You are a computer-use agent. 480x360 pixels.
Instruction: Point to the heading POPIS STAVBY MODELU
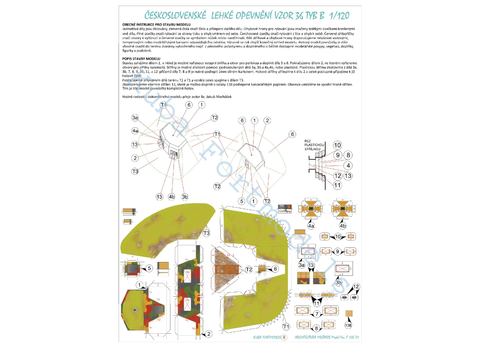141,59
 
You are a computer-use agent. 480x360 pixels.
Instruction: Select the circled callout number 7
317,314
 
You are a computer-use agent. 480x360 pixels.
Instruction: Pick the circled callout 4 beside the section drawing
348,165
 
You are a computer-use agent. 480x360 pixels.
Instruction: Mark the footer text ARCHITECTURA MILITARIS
317,337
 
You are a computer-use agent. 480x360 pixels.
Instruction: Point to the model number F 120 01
351,337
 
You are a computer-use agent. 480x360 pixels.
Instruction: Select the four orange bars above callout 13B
348,314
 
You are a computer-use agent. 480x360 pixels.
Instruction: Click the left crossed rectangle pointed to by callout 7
303,310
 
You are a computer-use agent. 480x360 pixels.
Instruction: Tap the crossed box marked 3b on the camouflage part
342,269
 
